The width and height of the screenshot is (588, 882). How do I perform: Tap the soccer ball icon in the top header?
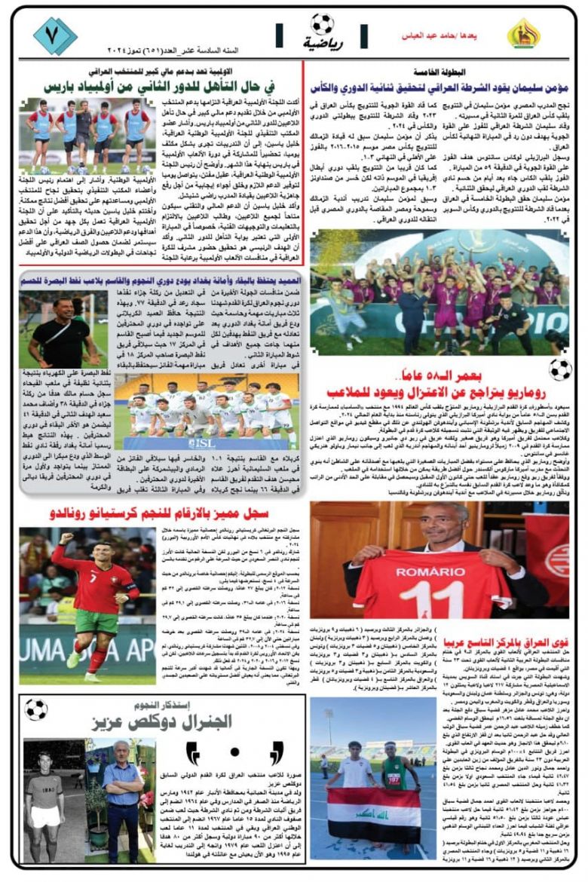pyautogui.click(x=322, y=24)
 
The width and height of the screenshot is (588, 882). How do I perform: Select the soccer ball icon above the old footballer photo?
pyautogui.click(x=36, y=709)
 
